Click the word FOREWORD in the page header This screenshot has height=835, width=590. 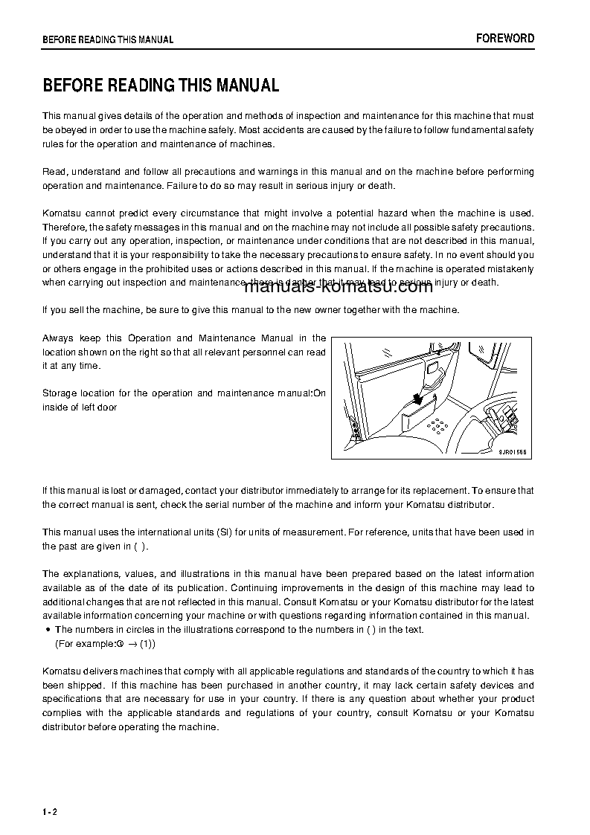click(x=505, y=39)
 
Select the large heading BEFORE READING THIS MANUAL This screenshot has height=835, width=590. click(x=161, y=86)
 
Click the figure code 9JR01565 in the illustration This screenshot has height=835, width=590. click(x=512, y=452)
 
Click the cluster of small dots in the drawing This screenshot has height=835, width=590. click(x=437, y=426)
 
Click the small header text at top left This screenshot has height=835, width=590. click(x=108, y=39)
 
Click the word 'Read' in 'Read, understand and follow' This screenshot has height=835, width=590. click(x=54, y=172)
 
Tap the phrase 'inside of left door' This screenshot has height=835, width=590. click(x=80, y=407)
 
